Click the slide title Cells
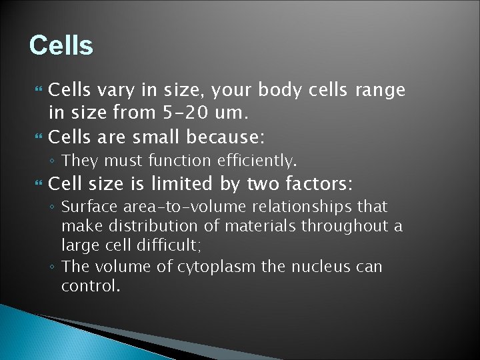pos(61,45)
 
